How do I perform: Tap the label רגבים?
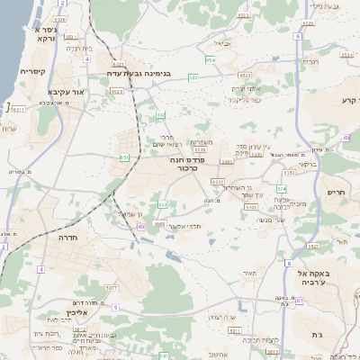tap(311, 61)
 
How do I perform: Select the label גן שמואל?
tap(130, 212)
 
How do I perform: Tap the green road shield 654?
tap(210, 59)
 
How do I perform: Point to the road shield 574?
tap(282, 188)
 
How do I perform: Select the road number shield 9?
tap(115, 307)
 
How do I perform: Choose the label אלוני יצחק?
tap(246, 87)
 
